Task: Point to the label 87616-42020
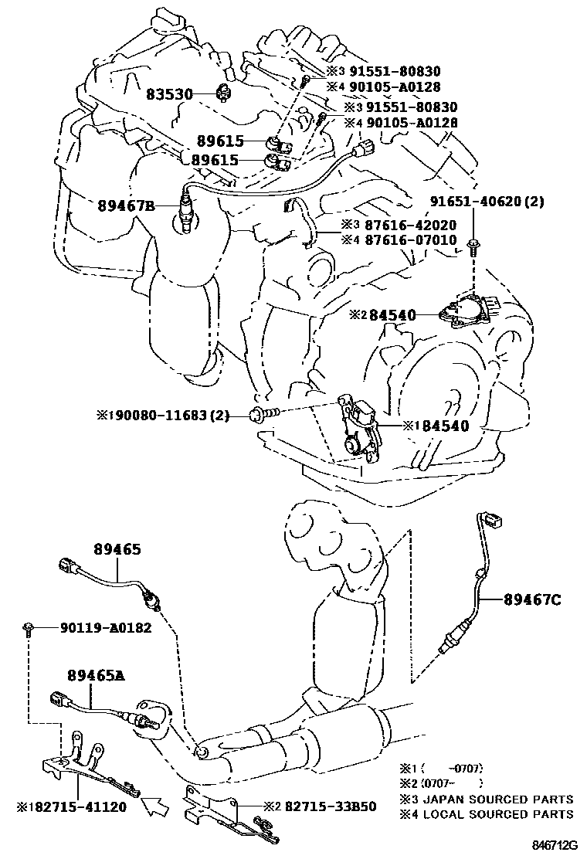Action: pos(410,225)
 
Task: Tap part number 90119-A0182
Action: pos(105,628)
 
